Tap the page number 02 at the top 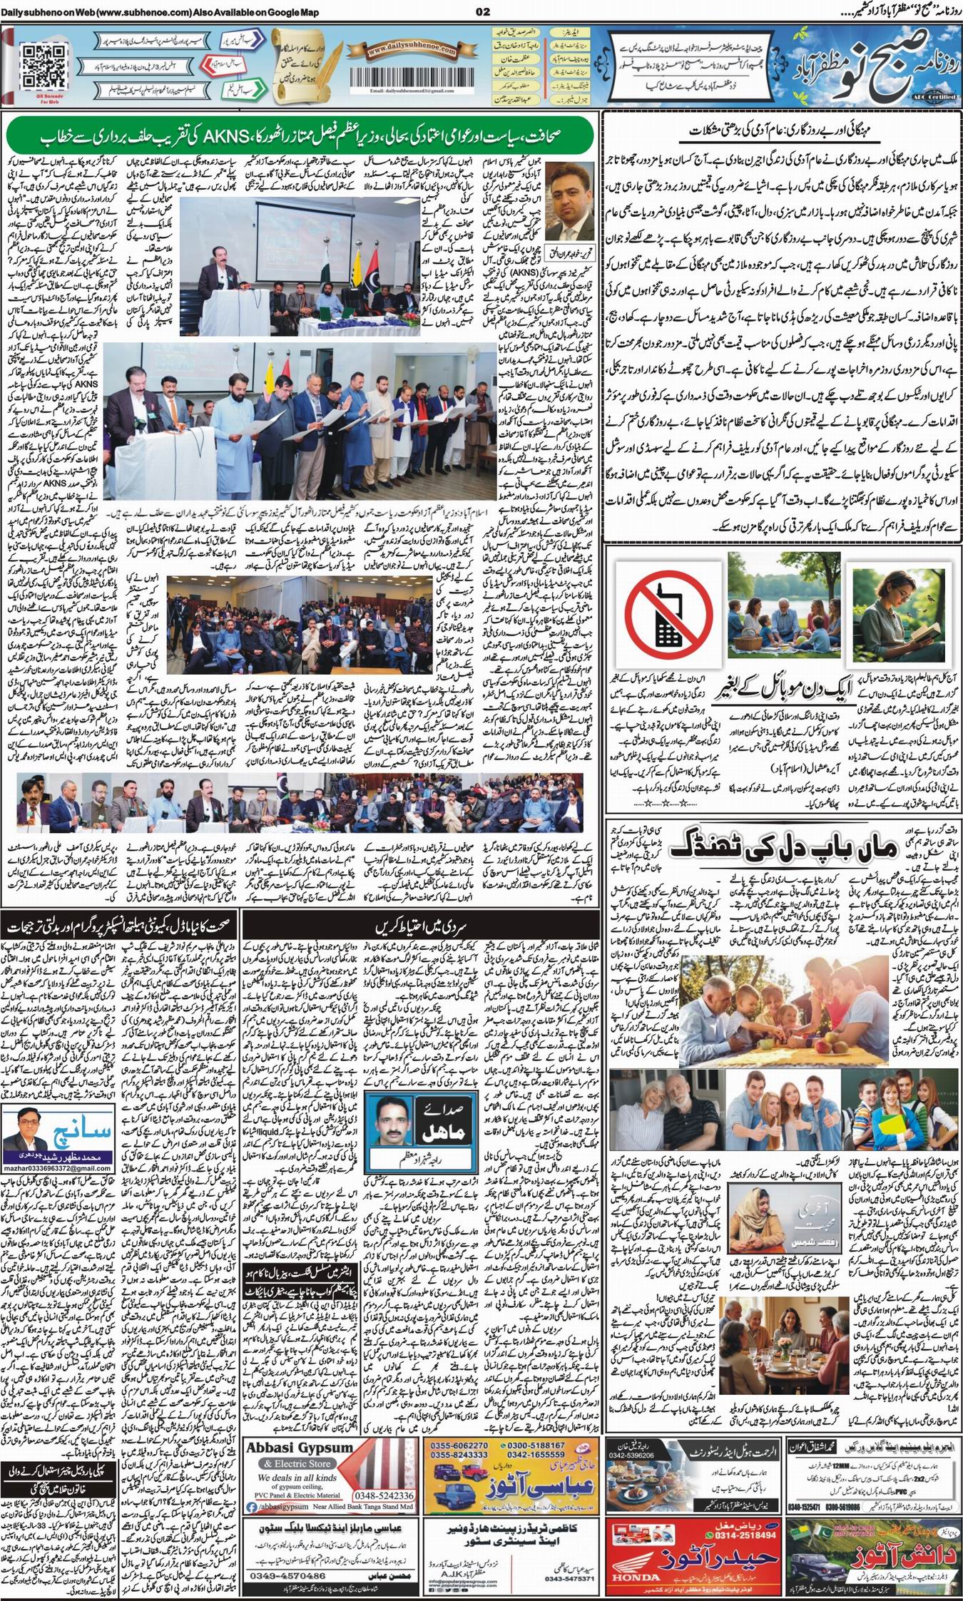click(x=481, y=11)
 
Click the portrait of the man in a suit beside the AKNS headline click(x=572, y=193)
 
